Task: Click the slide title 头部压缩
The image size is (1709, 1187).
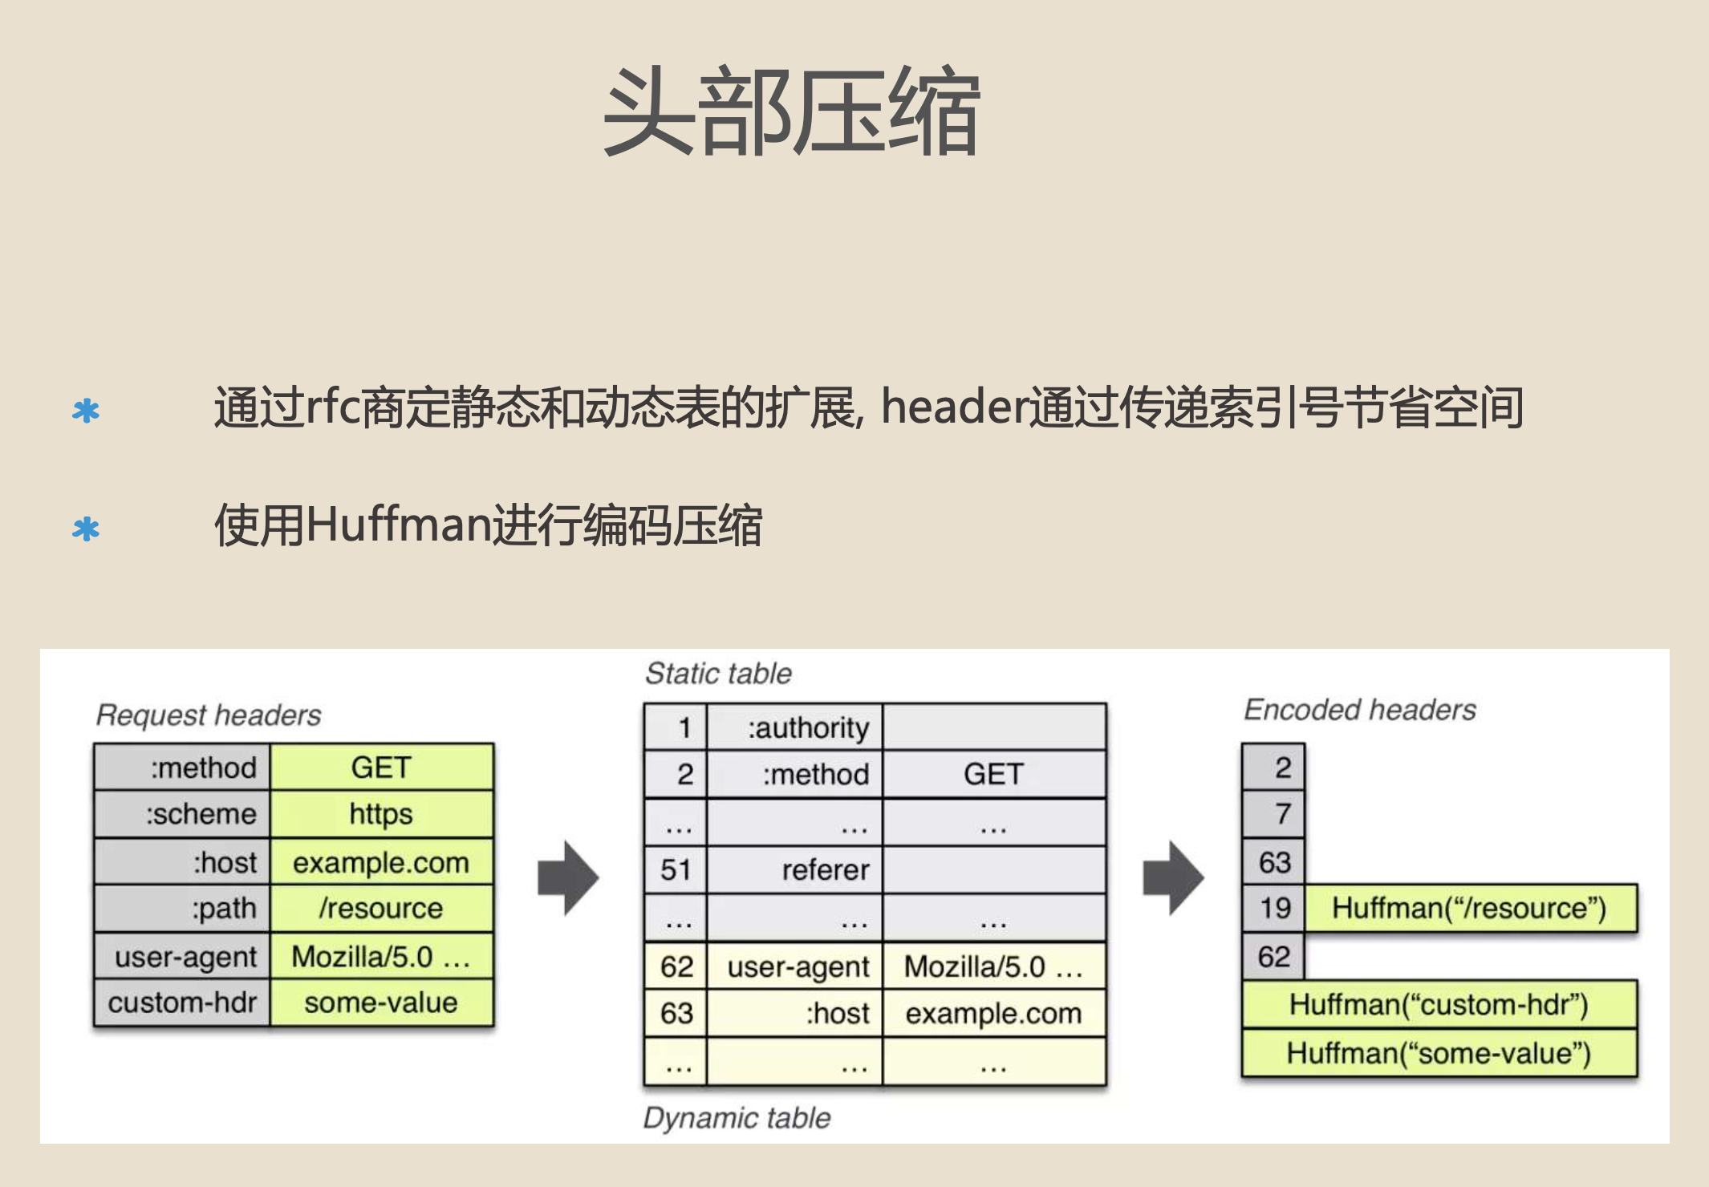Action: (791, 112)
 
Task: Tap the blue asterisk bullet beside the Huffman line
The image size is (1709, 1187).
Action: (86, 529)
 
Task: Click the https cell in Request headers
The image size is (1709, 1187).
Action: (381, 814)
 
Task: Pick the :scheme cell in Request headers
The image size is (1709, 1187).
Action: (183, 814)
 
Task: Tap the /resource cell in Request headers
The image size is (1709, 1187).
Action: (381, 908)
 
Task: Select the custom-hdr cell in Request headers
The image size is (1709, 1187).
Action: (183, 1003)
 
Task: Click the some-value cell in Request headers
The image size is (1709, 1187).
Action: (381, 1003)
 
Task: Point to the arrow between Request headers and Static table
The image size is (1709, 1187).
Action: (568, 878)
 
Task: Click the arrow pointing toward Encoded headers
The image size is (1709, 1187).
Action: (1173, 878)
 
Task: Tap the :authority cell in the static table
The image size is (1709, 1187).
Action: (794, 727)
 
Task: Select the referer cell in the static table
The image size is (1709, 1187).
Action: (794, 870)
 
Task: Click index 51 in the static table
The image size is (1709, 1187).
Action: (676, 870)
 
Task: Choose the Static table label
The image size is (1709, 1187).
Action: (718, 674)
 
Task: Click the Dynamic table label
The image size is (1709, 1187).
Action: (737, 1118)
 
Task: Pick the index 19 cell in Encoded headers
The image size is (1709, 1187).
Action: (1274, 908)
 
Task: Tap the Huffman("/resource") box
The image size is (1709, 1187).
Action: (1470, 908)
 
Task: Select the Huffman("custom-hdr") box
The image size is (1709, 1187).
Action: (1439, 1004)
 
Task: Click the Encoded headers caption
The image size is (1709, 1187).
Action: (1360, 710)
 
